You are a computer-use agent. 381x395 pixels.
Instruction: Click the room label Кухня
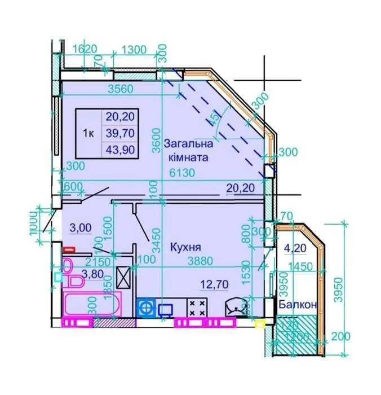tap(186, 247)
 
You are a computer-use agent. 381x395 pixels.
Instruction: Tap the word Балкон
tap(298, 304)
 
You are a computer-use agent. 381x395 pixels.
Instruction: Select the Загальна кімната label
tap(188, 151)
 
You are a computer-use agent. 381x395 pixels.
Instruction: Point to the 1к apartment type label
tap(88, 133)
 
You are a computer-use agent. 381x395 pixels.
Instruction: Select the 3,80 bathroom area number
tap(91, 274)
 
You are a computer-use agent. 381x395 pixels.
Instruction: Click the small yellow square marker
tap(260, 323)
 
